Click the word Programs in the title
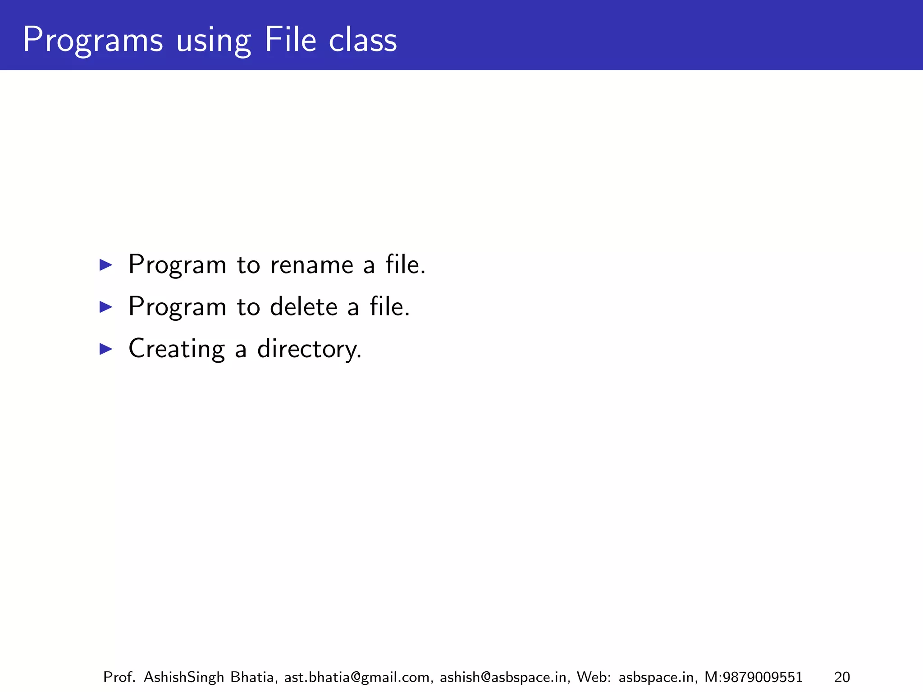point(92,41)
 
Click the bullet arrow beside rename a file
point(105,265)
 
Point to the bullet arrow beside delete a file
point(105,307)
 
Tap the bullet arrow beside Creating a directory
point(105,349)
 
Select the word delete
point(304,307)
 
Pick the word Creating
point(176,349)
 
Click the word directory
point(309,350)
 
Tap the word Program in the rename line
point(177,265)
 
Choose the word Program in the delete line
point(177,307)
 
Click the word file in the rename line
point(405,264)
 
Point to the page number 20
point(842,677)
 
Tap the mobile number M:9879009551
point(753,677)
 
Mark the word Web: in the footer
point(594,677)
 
